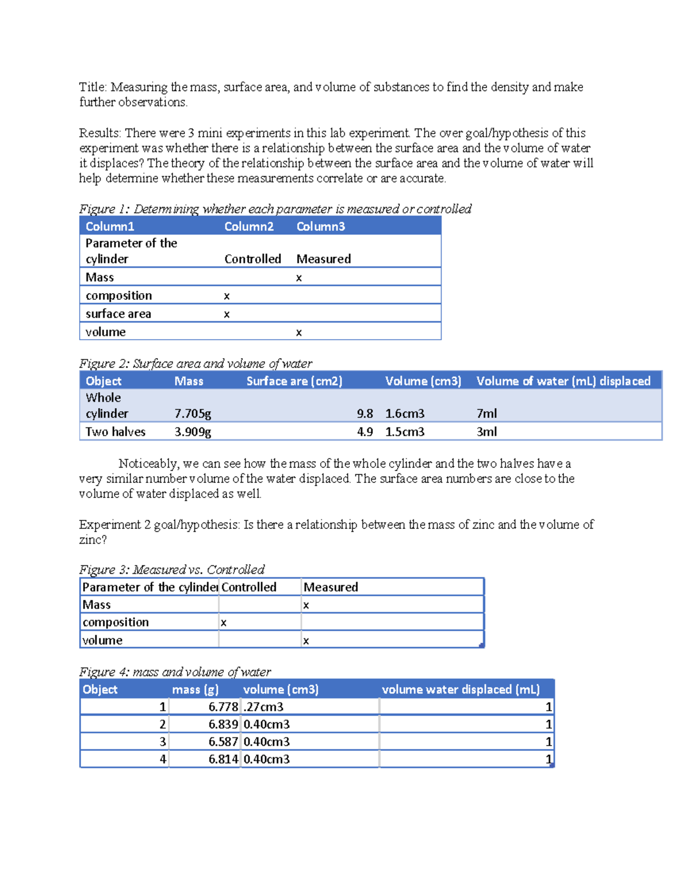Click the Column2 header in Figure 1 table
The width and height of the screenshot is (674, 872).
(249, 226)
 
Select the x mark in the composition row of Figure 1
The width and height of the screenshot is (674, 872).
(227, 296)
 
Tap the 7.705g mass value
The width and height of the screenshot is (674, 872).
(193, 414)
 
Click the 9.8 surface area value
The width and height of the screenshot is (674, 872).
(365, 414)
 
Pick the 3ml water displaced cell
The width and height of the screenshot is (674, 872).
(486, 432)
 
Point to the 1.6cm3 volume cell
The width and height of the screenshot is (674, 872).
(404, 414)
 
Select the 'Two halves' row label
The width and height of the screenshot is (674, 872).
(115, 432)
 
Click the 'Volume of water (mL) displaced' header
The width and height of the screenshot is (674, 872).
(563, 381)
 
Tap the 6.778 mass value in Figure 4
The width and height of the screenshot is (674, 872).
(223, 707)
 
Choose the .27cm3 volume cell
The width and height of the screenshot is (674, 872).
(263, 707)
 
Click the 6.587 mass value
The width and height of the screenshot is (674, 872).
(223, 742)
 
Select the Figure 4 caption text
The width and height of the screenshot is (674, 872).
(175, 672)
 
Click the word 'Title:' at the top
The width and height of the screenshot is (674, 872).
(93, 87)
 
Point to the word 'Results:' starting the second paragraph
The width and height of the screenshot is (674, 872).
(100, 133)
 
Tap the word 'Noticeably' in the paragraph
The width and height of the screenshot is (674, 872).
(148, 464)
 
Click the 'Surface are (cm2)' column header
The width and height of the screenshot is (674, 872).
(294, 381)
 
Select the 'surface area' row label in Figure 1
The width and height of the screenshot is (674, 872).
(118, 314)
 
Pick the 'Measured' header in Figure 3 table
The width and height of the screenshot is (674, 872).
(330, 587)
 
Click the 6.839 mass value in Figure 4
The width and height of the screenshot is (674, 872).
(223, 724)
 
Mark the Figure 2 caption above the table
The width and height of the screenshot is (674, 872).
(195, 364)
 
